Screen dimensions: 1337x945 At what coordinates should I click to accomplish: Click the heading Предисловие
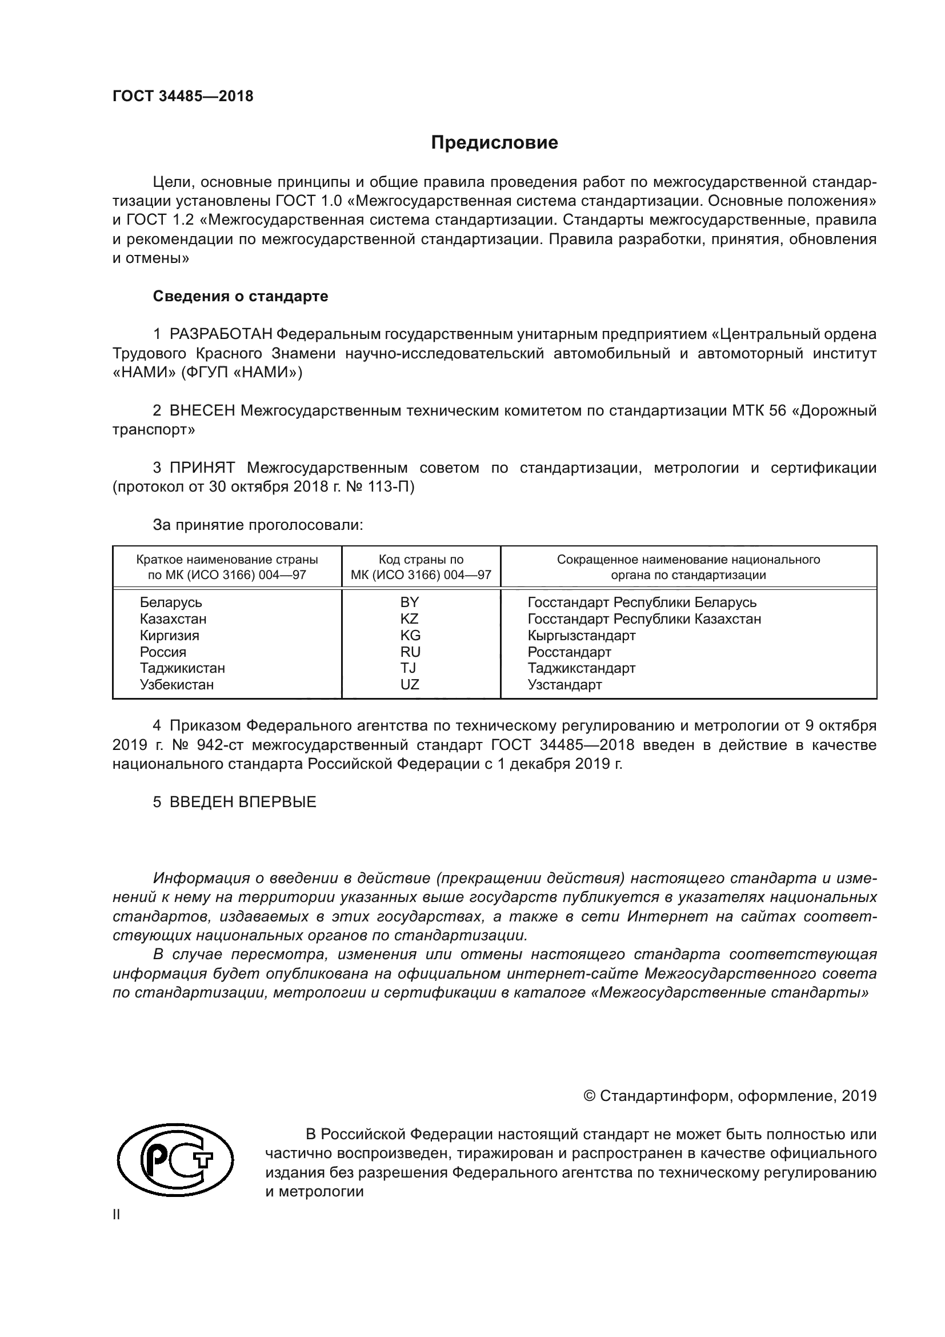[x=494, y=143]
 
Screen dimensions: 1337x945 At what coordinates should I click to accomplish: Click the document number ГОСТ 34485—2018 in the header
[x=183, y=97]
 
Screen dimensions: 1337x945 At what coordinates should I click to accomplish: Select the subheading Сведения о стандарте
[x=241, y=297]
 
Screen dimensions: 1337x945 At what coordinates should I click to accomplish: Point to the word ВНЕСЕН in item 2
[x=202, y=410]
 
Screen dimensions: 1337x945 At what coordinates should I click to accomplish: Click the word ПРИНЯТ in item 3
[x=202, y=468]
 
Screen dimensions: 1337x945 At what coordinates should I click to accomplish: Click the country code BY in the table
[x=410, y=602]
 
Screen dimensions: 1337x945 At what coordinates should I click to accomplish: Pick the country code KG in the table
[x=410, y=635]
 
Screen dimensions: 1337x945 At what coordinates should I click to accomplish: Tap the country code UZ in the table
[x=410, y=685]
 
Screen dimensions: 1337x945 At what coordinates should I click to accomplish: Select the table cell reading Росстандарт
[x=569, y=652]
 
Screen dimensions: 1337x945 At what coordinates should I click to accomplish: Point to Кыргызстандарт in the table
[x=581, y=635]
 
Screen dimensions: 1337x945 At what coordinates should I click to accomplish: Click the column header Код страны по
[x=421, y=560]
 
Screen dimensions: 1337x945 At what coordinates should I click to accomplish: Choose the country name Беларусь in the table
[x=170, y=602]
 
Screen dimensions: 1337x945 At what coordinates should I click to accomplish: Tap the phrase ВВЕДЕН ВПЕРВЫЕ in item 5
[x=243, y=802]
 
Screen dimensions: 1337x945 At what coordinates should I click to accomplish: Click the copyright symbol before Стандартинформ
[x=589, y=1096]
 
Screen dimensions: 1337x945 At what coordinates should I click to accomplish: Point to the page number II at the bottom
[x=116, y=1214]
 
